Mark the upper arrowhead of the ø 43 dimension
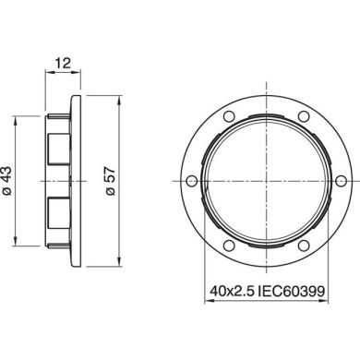point(13,118)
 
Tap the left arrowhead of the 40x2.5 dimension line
point(207,302)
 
